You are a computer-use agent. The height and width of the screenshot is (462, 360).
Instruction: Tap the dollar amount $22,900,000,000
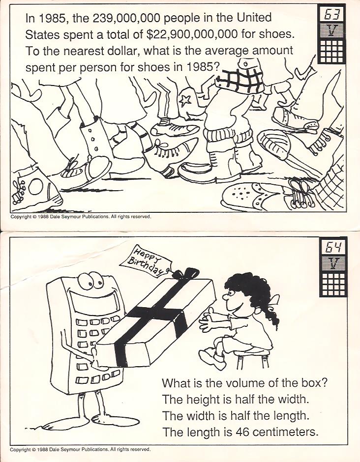click(x=192, y=35)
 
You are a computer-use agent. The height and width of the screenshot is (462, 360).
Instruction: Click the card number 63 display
click(x=331, y=14)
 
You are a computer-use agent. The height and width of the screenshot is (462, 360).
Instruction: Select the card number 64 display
click(x=333, y=247)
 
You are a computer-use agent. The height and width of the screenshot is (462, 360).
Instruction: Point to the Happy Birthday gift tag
click(x=146, y=261)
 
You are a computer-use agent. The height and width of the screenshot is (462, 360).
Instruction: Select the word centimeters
click(x=285, y=432)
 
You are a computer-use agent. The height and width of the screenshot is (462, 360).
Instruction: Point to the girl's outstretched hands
click(x=208, y=319)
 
